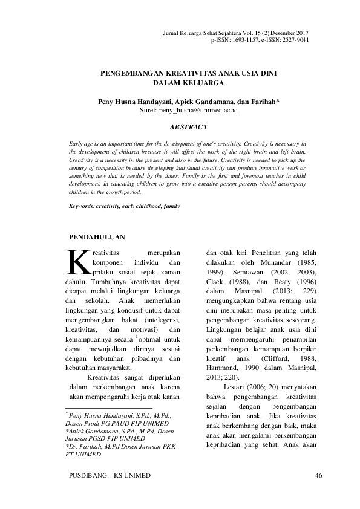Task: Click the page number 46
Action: click(x=319, y=476)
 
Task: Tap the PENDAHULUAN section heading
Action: click(x=97, y=237)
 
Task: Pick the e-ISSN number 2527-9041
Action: click(x=295, y=40)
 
